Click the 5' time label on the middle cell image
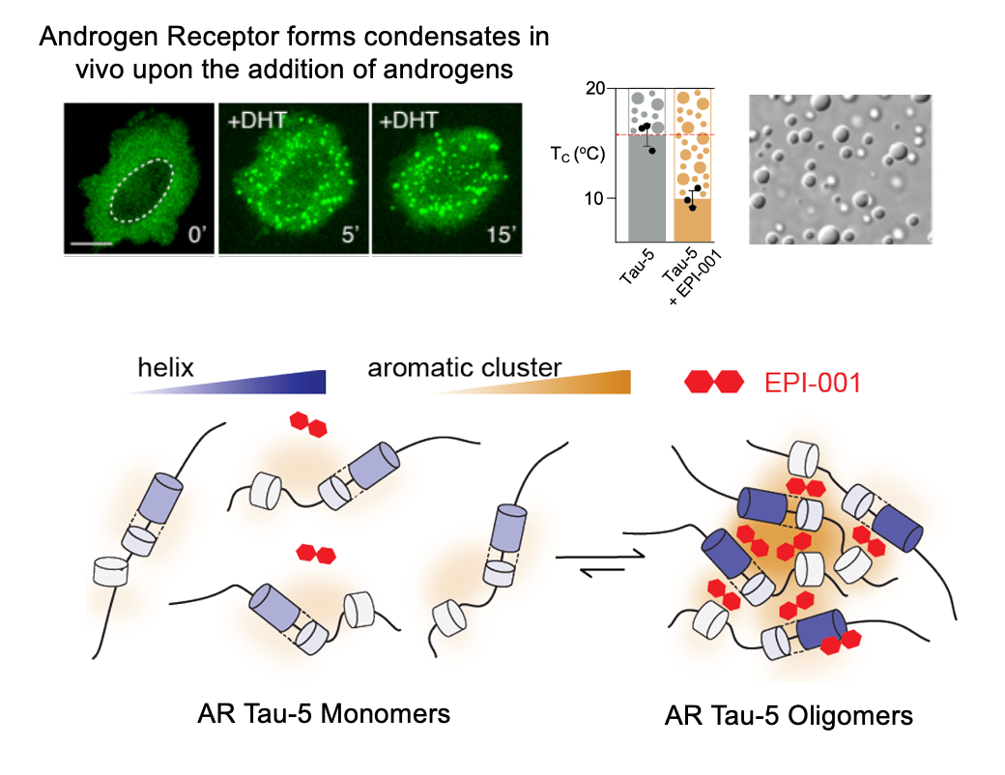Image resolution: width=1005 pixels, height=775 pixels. (x=347, y=235)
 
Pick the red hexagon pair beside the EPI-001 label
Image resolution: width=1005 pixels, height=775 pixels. (x=714, y=382)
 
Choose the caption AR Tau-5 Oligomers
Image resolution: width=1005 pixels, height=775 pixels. (x=789, y=716)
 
